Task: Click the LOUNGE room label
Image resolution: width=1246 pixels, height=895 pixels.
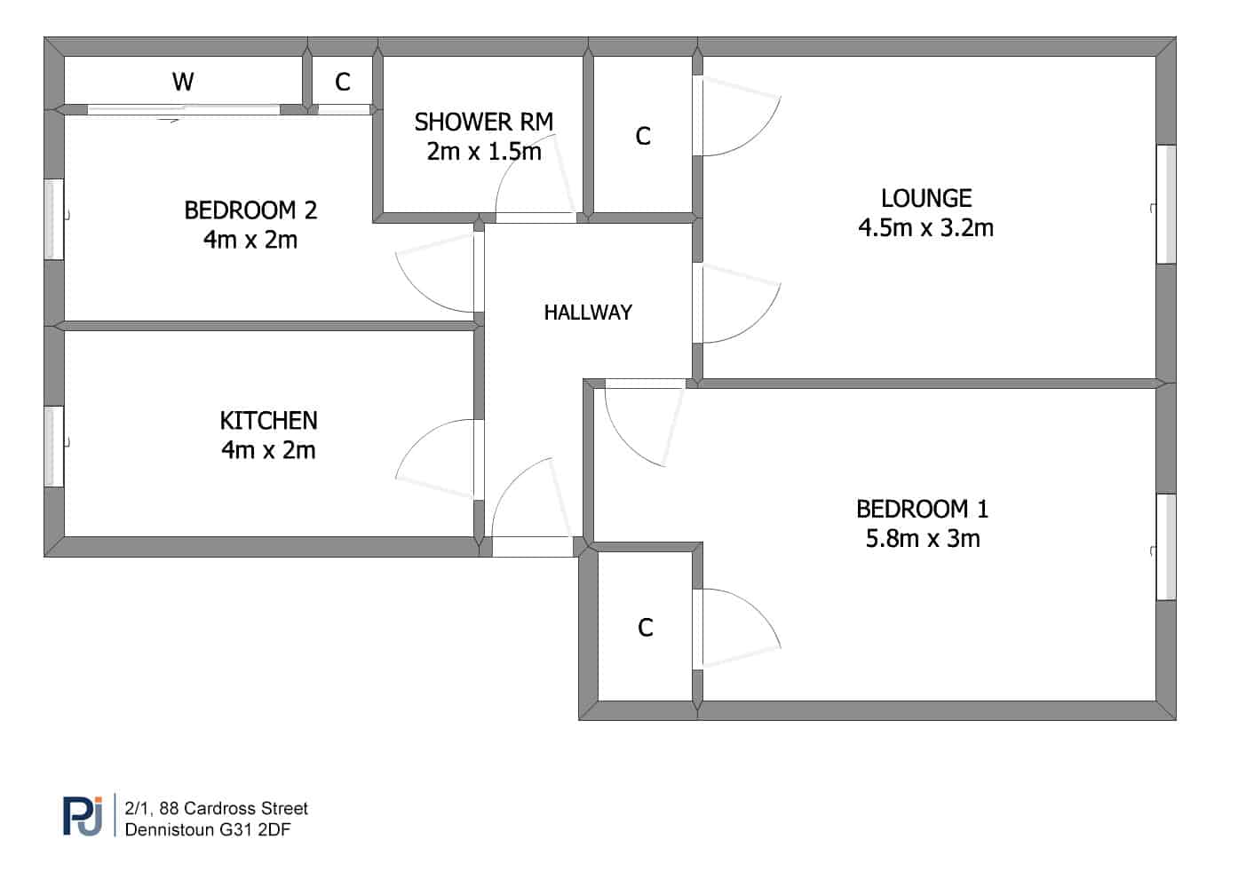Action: point(926,199)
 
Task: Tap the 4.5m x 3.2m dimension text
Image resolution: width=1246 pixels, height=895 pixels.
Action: point(925,228)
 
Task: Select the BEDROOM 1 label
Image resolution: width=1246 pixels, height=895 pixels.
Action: point(922,510)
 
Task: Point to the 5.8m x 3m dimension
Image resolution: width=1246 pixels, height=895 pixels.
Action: point(923,539)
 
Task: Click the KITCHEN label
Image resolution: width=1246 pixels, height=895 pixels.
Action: point(269,421)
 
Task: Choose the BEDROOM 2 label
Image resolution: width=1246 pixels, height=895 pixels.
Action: point(250,210)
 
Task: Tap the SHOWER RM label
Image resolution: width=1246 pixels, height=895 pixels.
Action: point(484,123)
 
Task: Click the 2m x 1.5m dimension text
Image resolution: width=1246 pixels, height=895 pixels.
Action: point(484,152)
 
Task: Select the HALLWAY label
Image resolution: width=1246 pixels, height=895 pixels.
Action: point(588,313)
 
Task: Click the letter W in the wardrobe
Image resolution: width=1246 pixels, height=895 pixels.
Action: point(183,82)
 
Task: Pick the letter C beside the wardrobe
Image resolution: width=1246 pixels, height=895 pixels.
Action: point(343,83)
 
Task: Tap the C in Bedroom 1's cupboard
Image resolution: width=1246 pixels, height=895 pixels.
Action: point(646,628)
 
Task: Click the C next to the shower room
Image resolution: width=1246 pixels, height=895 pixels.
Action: point(643,136)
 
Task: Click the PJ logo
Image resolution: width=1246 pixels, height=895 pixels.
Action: point(83,816)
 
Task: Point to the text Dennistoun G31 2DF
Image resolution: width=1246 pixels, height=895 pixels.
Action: point(208,830)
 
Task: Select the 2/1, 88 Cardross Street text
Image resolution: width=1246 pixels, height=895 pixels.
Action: point(217,808)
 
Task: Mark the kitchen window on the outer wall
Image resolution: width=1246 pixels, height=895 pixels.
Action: point(53,447)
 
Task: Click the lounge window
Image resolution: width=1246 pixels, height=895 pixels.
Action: point(1166,204)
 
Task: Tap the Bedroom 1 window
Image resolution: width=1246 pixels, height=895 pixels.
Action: point(1166,547)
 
